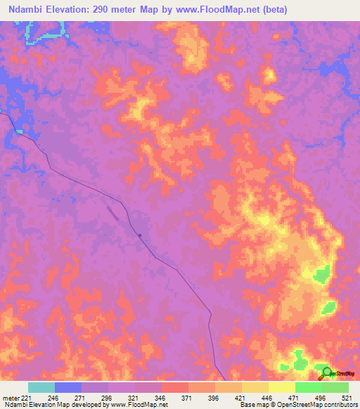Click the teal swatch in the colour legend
(41, 387)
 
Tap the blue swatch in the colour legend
(68, 387)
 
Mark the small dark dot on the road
(140, 235)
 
